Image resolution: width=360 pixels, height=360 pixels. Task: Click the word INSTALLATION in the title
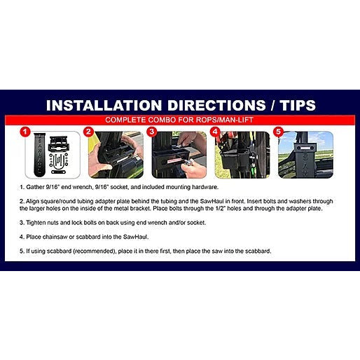pyautogui.click(x=104, y=105)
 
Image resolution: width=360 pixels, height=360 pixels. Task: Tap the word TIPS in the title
pyautogui.click(x=298, y=105)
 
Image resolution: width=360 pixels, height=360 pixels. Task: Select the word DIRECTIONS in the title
pyautogui.click(x=216, y=105)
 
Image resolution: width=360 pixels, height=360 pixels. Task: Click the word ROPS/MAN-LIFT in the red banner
pyautogui.click(x=225, y=120)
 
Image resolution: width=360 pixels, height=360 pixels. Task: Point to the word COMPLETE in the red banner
pyautogui.click(x=125, y=120)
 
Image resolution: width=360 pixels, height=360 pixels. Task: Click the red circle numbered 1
pyautogui.click(x=25, y=132)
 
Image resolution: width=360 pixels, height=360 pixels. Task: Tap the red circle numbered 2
pyautogui.click(x=88, y=132)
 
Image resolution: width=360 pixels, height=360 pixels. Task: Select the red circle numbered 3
pyautogui.click(x=152, y=132)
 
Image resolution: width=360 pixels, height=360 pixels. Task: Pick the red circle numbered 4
pyautogui.click(x=215, y=132)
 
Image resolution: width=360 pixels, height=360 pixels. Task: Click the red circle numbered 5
pyautogui.click(x=278, y=132)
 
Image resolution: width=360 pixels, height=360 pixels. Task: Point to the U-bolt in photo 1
pyautogui.click(x=58, y=162)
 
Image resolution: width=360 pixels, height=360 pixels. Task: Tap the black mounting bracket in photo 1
pyautogui.click(x=59, y=144)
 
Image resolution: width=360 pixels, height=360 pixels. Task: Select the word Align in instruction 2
pyautogui.click(x=32, y=201)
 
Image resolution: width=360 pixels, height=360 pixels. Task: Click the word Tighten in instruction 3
pyautogui.click(x=36, y=223)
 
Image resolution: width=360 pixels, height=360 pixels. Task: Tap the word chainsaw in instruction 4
pyautogui.click(x=55, y=237)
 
